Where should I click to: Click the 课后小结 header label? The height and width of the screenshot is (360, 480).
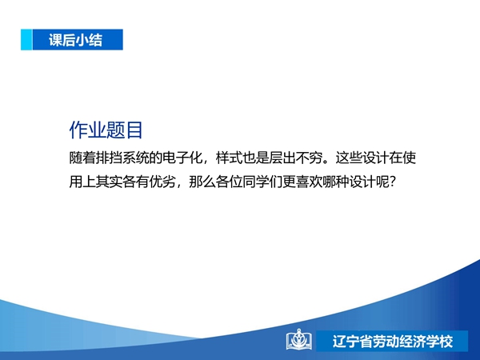(x=75, y=40)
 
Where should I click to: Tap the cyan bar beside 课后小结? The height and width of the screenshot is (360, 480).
(x=26, y=39)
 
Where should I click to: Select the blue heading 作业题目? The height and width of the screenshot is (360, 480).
(x=106, y=130)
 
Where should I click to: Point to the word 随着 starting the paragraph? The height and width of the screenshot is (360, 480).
(x=82, y=158)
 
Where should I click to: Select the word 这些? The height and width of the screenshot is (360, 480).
(x=349, y=158)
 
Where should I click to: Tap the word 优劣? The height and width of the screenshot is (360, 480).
(x=162, y=182)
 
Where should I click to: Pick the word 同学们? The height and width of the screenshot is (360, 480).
(x=262, y=182)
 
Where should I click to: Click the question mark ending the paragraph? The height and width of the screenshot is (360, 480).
(x=393, y=182)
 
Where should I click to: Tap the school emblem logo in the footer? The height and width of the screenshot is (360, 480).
(x=299, y=339)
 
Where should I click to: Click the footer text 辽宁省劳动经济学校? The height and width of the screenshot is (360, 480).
(x=393, y=342)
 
